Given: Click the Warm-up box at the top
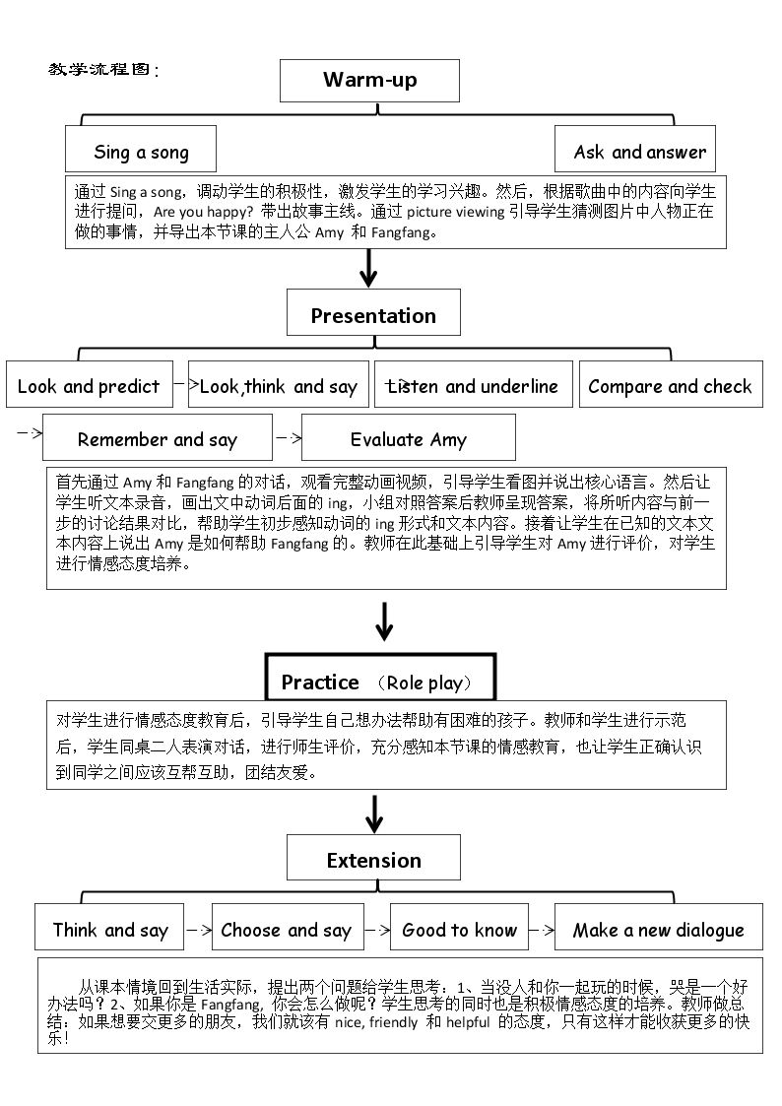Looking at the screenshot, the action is [369, 81].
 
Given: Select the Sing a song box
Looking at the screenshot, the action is [140, 149].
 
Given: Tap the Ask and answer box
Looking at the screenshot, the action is [634, 149].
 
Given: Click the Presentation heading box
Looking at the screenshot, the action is [373, 312].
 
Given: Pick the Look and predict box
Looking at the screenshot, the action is [90, 384].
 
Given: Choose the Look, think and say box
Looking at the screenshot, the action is [279, 384].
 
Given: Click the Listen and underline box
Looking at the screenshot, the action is [473, 384].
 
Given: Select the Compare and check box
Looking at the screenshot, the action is [671, 384].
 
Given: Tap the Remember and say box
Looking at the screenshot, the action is [158, 437].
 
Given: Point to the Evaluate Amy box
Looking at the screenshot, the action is [409, 437].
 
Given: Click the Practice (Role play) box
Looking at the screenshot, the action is [380, 678].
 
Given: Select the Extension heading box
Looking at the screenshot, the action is [373, 858].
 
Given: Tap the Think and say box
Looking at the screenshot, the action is [109, 927].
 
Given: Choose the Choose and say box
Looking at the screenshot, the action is [288, 927].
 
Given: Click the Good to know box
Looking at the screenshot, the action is [459, 927].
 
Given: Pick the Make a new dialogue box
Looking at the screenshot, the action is [659, 927].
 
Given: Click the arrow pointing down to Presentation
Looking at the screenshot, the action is [368, 269].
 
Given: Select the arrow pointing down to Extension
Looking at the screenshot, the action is [374, 814].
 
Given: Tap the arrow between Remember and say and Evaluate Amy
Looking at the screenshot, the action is [288, 438].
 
